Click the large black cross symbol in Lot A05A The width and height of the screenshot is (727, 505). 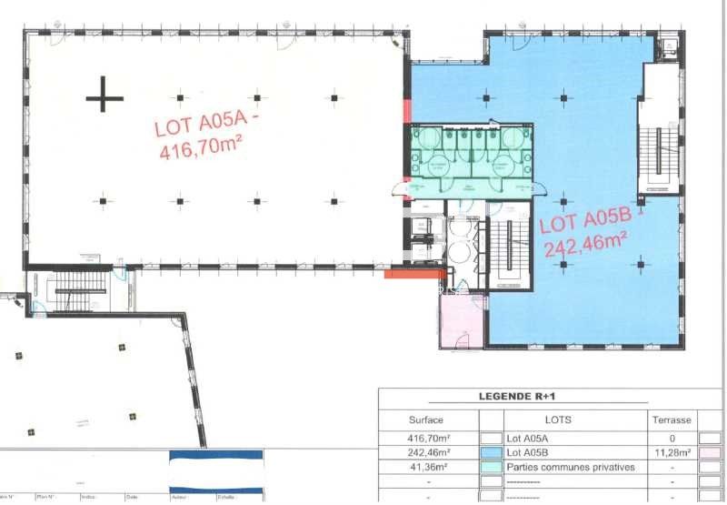coord(105,94)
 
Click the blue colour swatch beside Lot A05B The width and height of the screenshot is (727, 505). coord(491,452)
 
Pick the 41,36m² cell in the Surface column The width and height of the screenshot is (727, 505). coord(426,468)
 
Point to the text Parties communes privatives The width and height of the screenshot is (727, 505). coord(571,468)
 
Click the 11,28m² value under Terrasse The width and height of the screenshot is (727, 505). coord(672,452)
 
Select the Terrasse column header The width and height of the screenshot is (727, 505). coord(672,419)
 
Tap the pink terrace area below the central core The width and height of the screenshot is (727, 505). coord(463,321)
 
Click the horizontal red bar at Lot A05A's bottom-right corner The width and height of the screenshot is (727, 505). coord(414,273)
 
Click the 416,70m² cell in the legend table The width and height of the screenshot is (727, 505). coord(426,438)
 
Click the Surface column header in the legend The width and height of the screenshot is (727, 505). coord(426,419)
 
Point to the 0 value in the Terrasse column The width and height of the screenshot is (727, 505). coord(672,438)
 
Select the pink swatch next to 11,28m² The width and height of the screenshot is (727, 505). coord(711,452)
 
